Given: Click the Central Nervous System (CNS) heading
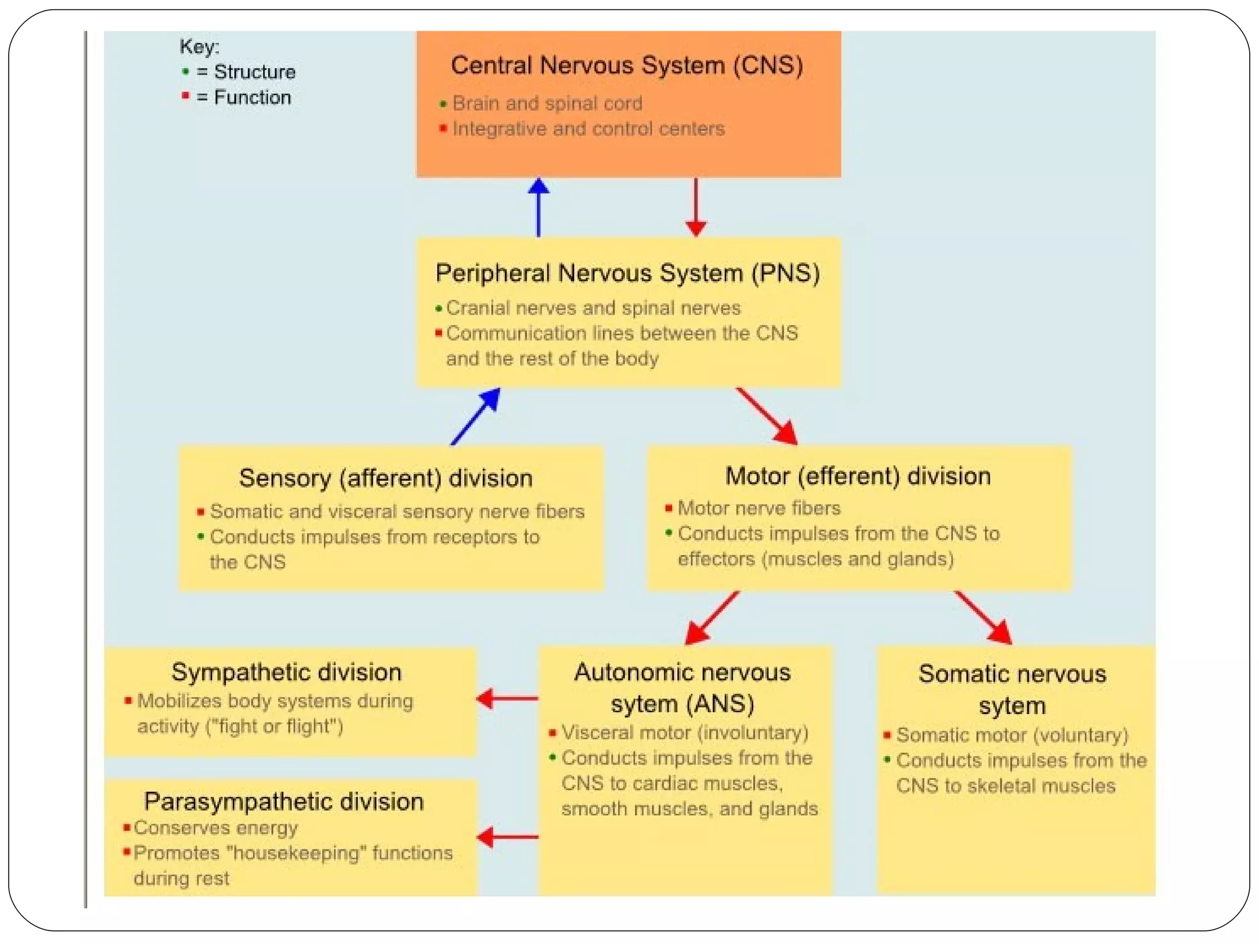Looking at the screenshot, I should point(626,65).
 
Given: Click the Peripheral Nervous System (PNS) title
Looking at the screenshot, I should point(628,273).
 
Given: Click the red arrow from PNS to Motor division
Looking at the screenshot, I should point(767,415).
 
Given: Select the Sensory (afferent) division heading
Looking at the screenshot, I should point(385,478).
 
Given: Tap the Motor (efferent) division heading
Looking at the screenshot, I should point(858,476).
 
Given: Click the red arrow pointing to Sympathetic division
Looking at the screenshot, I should point(508,698).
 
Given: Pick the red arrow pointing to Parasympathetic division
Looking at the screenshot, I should point(508,837).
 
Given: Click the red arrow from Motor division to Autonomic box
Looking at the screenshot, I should point(712,618).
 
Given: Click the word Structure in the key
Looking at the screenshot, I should point(255,72).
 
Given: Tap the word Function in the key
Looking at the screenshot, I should point(252,97).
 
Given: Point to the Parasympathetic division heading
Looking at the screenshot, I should point(284,801).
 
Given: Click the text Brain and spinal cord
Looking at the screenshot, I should point(547,103).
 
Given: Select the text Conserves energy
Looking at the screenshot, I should point(216,828).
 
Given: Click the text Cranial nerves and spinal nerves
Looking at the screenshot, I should point(593,307).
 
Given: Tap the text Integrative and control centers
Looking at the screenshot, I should point(588,129).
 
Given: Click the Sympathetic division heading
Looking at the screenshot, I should point(286,672).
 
